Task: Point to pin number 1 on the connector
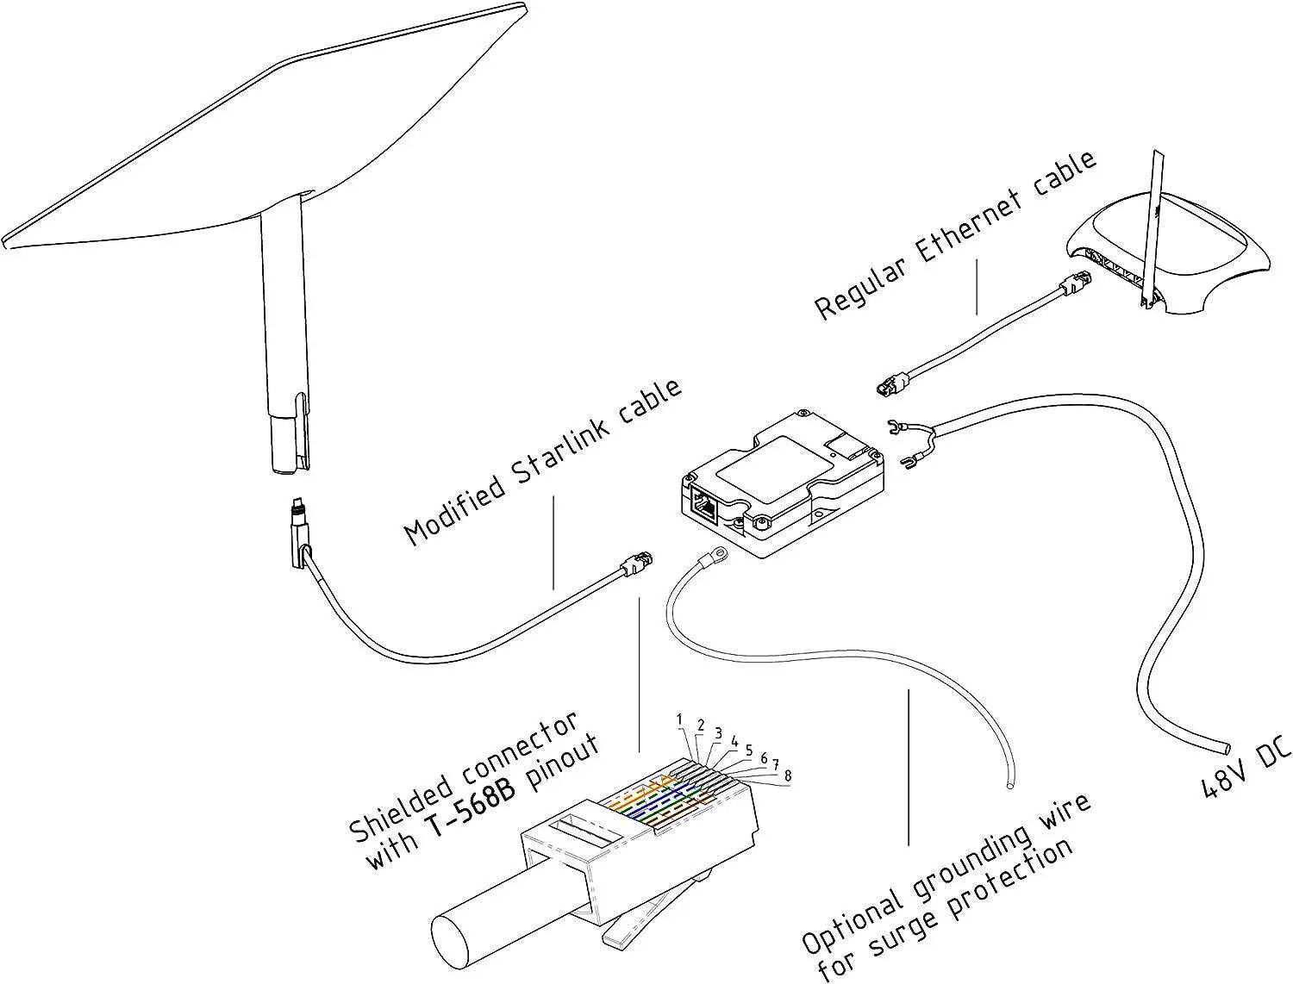point(679,719)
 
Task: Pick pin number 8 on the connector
point(787,776)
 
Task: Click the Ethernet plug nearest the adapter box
point(890,384)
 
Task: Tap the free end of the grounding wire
point(1009,784)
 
